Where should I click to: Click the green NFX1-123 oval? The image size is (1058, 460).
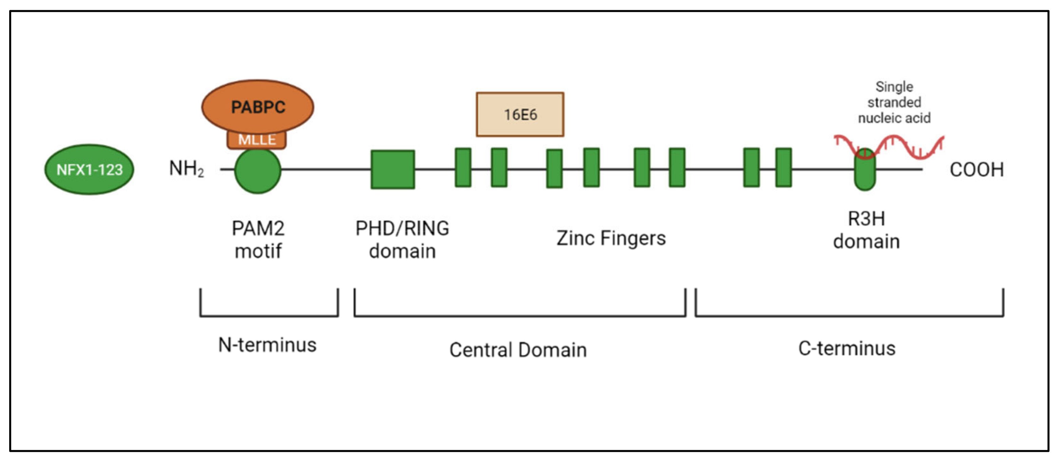pos(89,170)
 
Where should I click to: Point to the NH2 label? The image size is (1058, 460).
pos(186,169)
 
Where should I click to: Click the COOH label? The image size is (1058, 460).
pos(976,170)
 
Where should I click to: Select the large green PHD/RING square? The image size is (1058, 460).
pos(392,170)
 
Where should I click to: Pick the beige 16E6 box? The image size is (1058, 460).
pos(519,114)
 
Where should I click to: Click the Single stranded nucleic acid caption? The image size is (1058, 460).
pos(894,102)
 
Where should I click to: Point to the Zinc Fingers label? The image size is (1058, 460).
pos(611,238)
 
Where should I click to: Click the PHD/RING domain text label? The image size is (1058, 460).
pos(402,239)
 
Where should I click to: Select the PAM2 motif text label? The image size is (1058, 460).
pos(258,239)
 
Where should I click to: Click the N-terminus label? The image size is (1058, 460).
pos(267,345)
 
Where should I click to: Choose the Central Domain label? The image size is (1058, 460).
pos(518,350)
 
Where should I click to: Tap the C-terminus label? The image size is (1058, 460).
pos(846,348)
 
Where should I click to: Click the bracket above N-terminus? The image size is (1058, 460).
pos(269,315)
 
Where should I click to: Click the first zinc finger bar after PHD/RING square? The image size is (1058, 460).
pos(463,168)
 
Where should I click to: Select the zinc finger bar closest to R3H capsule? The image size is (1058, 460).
pos(783,168)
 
